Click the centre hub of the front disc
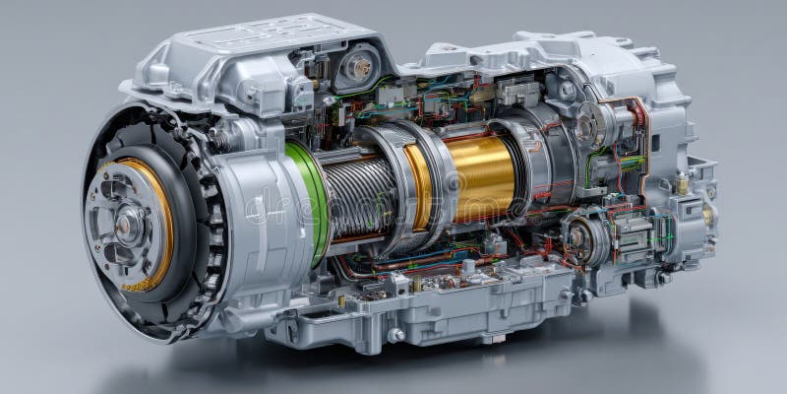pyautogui.click(x=127, y=225)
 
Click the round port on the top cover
pyautogui.click(x=358, y=67)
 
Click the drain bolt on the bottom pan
pyautogui.click(x=395, y=335)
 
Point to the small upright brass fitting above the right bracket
pyautogui.click(x=682, y=183)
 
